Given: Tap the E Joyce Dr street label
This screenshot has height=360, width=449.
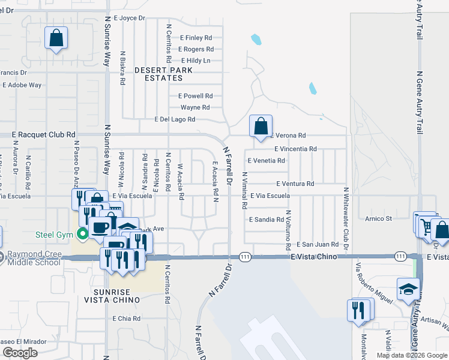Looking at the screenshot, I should click(129, 18).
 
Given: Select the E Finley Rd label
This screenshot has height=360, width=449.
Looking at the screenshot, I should click(196, 37).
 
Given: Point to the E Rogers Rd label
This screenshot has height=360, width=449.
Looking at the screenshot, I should click(196, 49).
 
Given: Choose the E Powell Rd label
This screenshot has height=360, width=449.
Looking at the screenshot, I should click(196, 96).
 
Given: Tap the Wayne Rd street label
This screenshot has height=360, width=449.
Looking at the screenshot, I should click(195, 107).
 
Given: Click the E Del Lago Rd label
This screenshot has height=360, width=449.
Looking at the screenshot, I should click(175, 119).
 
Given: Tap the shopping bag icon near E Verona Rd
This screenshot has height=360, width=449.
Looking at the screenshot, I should click(261, 127).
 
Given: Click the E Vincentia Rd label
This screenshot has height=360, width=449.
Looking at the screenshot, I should click(295, 149).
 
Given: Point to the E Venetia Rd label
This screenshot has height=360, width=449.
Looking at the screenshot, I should click(266, 161).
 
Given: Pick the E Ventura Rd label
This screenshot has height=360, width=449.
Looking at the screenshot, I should click(295, 184).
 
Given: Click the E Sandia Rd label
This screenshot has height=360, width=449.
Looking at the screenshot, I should click(267, 220).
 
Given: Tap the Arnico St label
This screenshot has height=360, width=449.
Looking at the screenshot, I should click(379, 218).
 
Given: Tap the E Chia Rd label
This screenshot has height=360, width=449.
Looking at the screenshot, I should click(126, 319).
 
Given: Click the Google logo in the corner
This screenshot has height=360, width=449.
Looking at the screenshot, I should click(20, 353).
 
